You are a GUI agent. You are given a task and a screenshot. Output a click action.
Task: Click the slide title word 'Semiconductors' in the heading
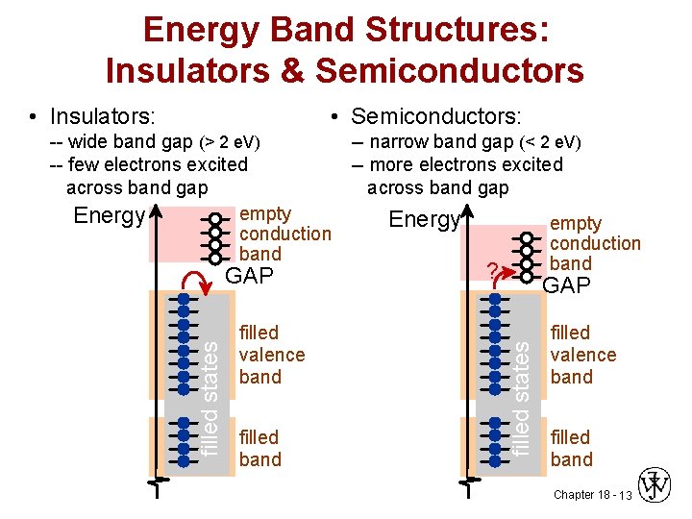[x=449, y=70]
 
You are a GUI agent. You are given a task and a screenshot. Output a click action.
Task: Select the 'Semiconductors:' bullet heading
[x=435, y=117]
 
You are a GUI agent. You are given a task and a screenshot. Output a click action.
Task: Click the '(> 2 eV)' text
[x=230, y=142]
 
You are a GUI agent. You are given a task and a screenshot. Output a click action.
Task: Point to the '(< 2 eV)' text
[x=549, y=142]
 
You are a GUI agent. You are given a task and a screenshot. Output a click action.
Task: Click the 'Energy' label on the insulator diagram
[x=109, y=215]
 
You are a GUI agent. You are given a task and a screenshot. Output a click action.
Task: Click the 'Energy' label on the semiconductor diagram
[x=424, y=220]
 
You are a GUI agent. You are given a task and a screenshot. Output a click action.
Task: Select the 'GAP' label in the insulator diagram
[x=249, y=277]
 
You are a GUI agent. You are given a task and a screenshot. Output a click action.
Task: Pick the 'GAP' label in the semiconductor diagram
[x=568, y=285]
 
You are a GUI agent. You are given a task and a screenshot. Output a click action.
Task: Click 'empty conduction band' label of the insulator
[x=284, y=234]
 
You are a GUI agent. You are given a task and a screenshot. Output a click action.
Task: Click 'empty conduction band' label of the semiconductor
[x=594, y=243]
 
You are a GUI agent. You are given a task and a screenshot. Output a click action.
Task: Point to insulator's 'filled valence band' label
[x=272, y=355]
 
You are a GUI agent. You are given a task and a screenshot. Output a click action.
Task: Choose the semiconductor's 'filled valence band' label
[x=582, y=355]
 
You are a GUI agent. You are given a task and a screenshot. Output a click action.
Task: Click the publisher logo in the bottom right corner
[x=656, y=485]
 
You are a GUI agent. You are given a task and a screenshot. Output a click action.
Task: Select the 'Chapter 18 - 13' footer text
[x=591, y=495]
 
